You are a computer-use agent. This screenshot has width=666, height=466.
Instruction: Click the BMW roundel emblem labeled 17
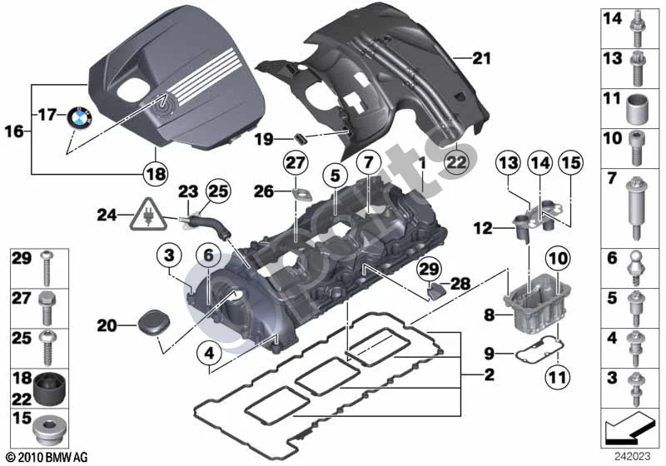click(x=79, y=115)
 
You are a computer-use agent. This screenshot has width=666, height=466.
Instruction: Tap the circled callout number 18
click(x=156, y=174)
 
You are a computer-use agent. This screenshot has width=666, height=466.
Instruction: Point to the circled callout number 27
click(x=296, y=163)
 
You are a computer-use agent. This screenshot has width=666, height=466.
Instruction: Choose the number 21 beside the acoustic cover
click(x=481, y=58)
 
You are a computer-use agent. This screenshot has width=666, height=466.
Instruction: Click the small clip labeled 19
click(x=301, y=137)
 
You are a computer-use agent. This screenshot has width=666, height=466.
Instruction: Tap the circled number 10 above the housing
click(x=558, y=258)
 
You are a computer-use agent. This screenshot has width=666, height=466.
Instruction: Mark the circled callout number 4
click(x=209, y=353)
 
